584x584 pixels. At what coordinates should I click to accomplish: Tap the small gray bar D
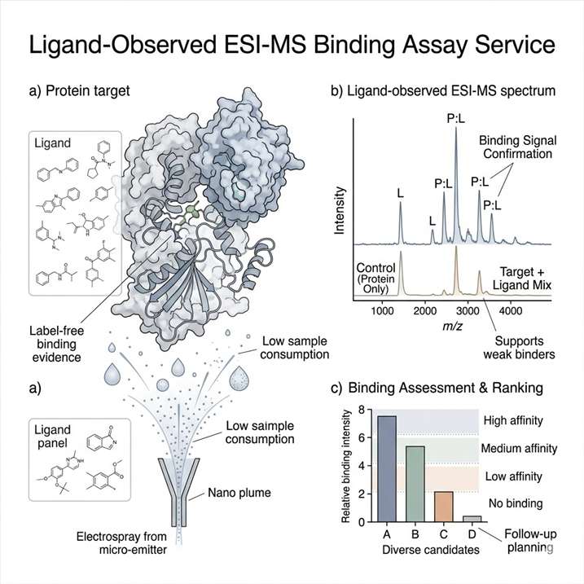pyautogui.click(x=472, y=518)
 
